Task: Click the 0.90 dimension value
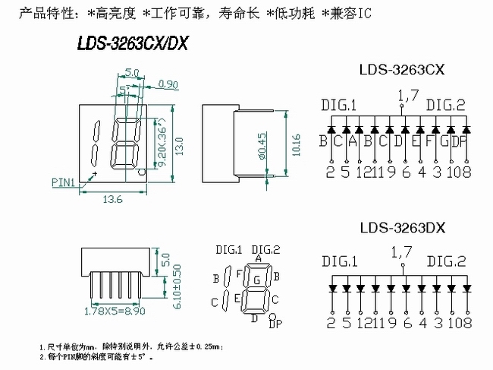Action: (168, 84)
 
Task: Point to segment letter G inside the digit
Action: (257, 280)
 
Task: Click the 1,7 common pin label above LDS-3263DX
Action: (404, 250)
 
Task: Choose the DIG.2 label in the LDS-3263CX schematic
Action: (445, 106)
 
